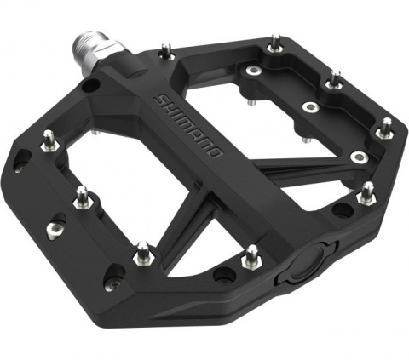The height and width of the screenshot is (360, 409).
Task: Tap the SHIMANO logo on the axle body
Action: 190,128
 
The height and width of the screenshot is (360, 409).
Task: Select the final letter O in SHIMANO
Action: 216,155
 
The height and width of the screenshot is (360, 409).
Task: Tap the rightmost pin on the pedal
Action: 386,128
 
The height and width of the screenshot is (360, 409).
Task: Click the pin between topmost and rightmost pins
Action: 335,80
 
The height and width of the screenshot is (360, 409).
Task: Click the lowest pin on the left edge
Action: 143,252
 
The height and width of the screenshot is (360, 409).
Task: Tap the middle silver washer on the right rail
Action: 310,108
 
